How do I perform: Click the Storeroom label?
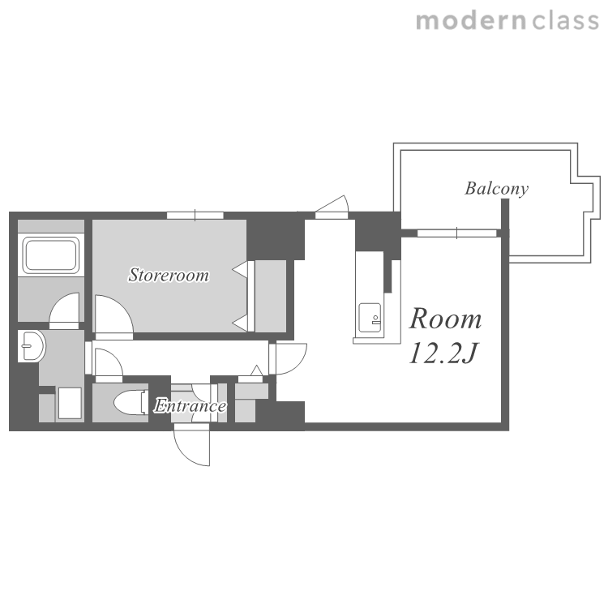[x=169, y=275]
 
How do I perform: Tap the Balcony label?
[x=497, y=189]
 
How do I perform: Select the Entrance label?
[x=190, y=405]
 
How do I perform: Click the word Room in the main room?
[x=446, y=319]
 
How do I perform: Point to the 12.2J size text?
[x=443, y=353]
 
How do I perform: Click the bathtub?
[x=51, y=255]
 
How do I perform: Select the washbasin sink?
[x=32, y=346]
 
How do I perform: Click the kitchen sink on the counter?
[x=370, y=318]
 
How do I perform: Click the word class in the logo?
[x=566, y=21]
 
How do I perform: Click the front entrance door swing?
[x=192, y=445]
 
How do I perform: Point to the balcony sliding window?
[x=456, y=233]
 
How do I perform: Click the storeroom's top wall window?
[x=195, y=215]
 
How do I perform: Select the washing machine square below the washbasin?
[x=70, y=403]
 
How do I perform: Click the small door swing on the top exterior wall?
[x=332, y=207]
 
